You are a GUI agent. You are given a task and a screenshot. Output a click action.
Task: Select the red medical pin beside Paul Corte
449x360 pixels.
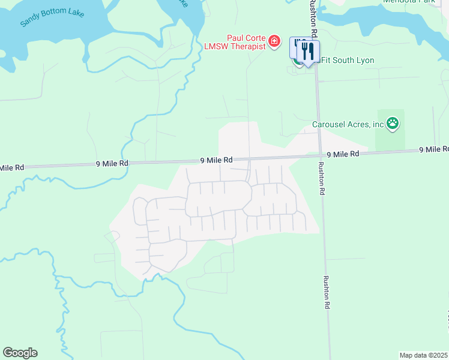click(x=274, y=41)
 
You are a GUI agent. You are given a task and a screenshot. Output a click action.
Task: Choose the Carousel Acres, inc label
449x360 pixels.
click(x=348, y=125)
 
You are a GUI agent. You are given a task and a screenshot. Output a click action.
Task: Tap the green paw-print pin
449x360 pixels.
click(x=393, y=124)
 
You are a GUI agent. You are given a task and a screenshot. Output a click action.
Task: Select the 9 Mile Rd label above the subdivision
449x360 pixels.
click(x=216, y=160)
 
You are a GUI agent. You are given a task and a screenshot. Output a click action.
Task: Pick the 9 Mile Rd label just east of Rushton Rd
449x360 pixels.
click(x=343, y=154)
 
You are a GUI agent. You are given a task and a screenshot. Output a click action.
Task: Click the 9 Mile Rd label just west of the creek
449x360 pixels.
click(x=112, y=163)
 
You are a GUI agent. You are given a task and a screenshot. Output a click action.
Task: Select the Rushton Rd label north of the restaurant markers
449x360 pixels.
click(x=312, y=15)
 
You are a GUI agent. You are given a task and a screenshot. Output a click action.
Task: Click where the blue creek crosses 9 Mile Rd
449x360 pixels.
click(x=128, y=163)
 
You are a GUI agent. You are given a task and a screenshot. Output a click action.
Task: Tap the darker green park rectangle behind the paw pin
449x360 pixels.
click(x=390, y=141)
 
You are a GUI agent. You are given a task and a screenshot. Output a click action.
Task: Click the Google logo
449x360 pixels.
click(x=20, y=353)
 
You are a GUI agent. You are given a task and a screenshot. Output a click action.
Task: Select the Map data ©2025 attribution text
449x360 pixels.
click(x=423, y=355)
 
